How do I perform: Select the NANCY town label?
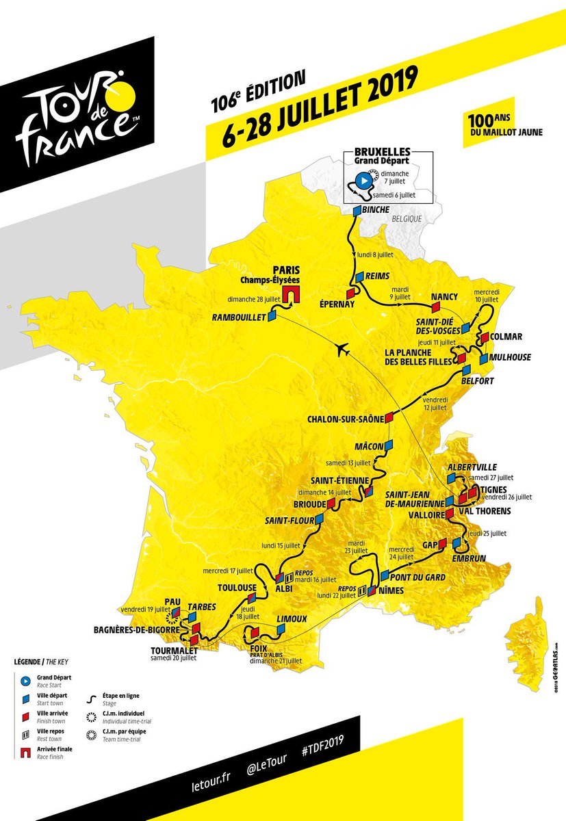pyautogui.click(x=444, y=297)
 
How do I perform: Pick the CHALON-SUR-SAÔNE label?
pyautogui.click(x=345, y=418)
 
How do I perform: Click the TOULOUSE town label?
pyautogui.click(x=236, y=587)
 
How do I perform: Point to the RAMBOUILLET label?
pyautogui.click(x=238, y=318)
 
